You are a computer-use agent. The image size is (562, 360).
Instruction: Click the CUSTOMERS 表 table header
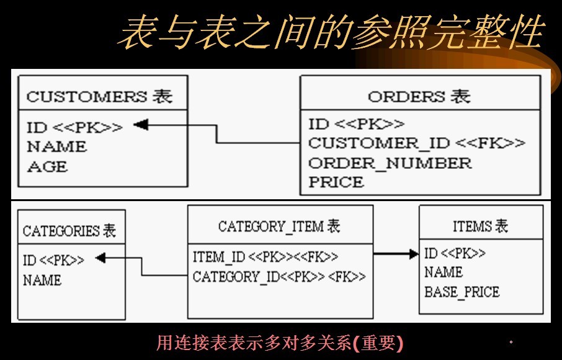click(x=99, y=96)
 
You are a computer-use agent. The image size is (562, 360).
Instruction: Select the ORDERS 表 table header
click(x=419, y=96)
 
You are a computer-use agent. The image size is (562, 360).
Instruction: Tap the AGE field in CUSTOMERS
click(x=47, y=166)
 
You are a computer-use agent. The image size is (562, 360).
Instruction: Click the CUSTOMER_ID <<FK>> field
click(x=416, y=143)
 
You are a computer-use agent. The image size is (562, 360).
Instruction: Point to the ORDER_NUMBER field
click(x=390, y=163)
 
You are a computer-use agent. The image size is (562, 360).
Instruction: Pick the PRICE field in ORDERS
click(x=336, y=182)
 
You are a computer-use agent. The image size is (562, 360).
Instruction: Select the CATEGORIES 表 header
click(x=69, y=231)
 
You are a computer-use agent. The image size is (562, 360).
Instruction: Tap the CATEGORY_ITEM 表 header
click(x=279, y=226)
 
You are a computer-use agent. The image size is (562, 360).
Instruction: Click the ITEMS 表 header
click(x=480, y=226)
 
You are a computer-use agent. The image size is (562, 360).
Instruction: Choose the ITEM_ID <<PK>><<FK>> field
click(x=265, y=256)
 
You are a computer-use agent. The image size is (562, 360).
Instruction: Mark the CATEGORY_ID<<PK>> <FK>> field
click(x=279, y=276)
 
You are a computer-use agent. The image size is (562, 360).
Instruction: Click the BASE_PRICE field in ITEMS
click(x=462, y=291)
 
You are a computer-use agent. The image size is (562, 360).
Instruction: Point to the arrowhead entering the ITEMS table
click(x=414, y=253)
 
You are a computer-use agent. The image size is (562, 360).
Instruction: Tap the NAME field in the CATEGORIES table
click(x=42, y=280)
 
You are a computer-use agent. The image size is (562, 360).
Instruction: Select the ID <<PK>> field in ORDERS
click(x=356, y=124)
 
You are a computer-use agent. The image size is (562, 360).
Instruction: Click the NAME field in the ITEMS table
click(x=443, y=272)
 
